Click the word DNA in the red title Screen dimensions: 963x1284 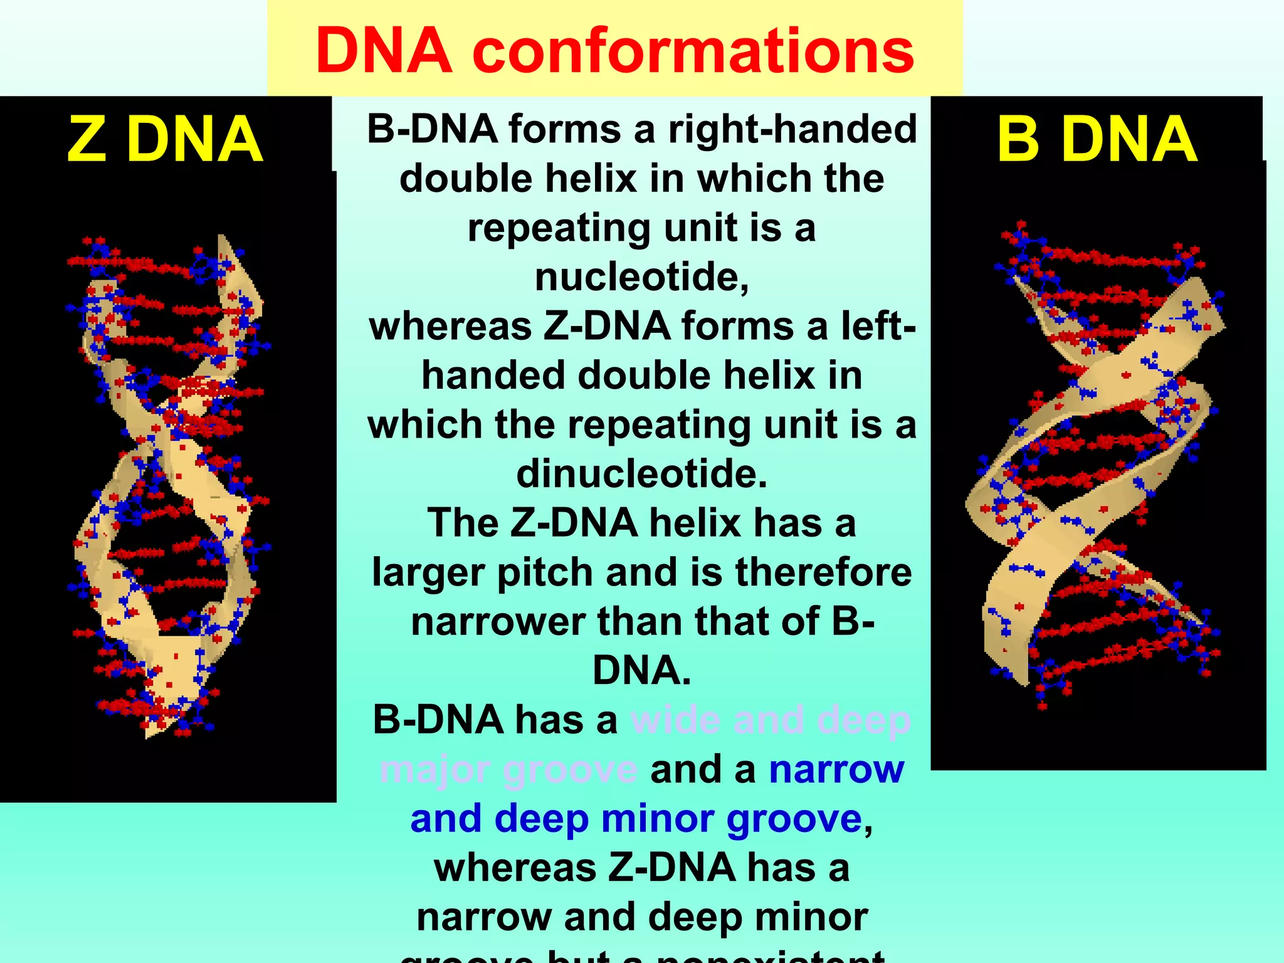coord(384,51)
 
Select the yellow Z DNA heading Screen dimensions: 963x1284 coord(165,139)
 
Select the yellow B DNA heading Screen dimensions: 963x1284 coord(1097,139)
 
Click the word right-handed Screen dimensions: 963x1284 coord(792,129)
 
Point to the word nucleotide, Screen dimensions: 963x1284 coord(641,276)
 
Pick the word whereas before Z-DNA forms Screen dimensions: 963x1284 coord(450,326)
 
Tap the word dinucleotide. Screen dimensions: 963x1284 coord(641,473)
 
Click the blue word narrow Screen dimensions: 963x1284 coord(836,769)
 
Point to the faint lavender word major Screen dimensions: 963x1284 coord(435,769)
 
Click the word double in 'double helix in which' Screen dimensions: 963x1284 coord(466,179)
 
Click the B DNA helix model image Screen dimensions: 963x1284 coord(1097,464)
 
